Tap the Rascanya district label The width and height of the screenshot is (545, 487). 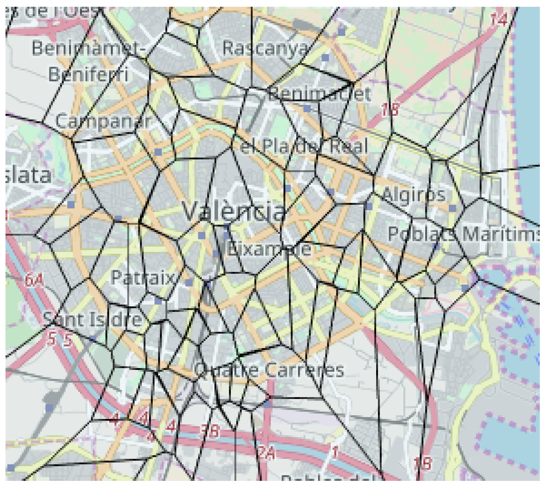[x=265, y=48]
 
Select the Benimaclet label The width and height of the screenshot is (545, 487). [x=319, y=94]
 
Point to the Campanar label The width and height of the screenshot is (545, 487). [x=103, y=121]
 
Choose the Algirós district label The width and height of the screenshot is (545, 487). [x=414, y=194]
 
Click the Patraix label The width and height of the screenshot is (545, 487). [x=142, y=277]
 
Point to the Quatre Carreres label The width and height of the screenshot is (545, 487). [x=269, y=370]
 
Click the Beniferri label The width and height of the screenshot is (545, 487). [x=88, y=75]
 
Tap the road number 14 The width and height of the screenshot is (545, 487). [x=499, y=20]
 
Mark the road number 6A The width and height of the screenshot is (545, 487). [x=34, y=280]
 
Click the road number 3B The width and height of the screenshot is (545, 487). [x=210, y=431]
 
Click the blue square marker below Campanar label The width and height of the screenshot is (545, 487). [x=158, y=152]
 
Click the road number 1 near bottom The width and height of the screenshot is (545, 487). [x=335, y=452]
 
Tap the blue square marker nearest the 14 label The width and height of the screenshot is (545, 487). [x=342, y=32]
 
